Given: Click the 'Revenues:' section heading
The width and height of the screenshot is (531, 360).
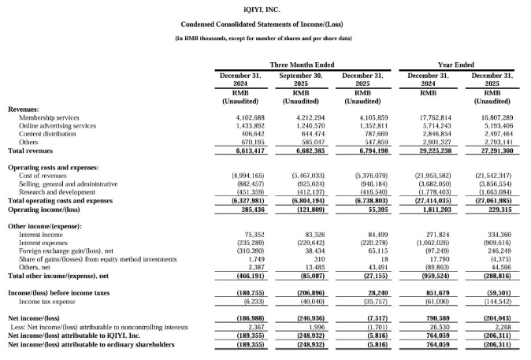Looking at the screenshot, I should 24,109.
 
